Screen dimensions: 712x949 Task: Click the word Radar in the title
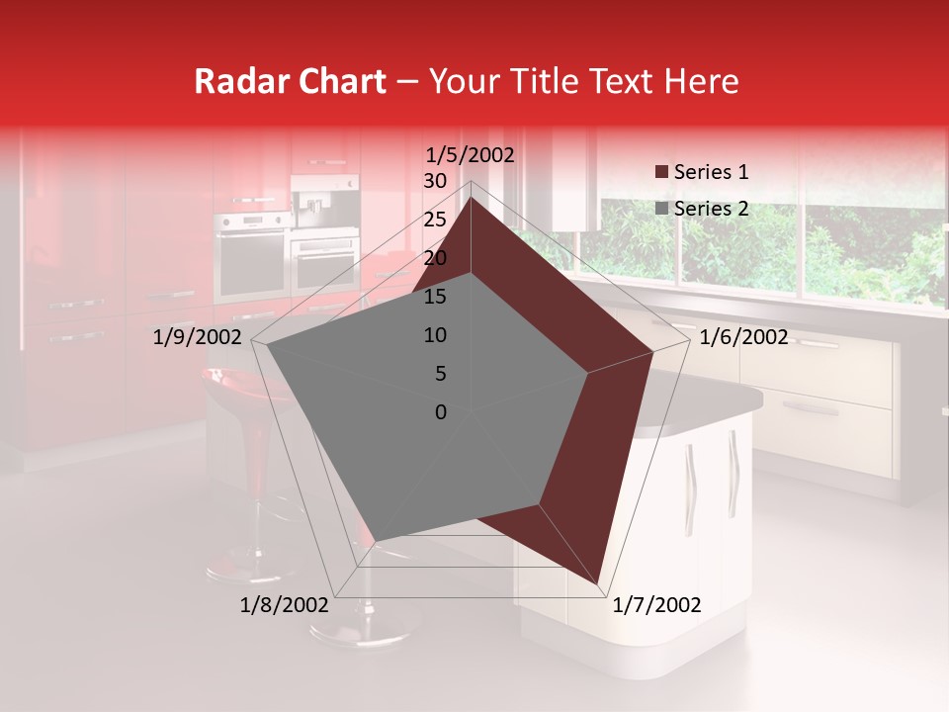pyautogui.click(x=234, y=81)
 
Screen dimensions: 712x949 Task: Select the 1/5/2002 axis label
pyautogui.click(x=471, y=154)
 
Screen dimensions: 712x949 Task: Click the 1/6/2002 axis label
pyautogui.click(x=743, y=337)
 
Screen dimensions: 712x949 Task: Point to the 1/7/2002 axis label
pyautogui.click(x=656, y=605)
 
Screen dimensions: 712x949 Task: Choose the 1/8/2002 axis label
pyautogui.click(x=285, y=605)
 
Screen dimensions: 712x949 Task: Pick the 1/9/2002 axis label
pyautogui.click(x=198, y=337)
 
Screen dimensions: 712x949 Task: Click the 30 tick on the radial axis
pyautogui.click(x=435, y=181)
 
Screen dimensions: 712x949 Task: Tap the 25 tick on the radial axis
pyautogui.click(x=435, y=220)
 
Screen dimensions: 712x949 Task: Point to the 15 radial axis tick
pyautogui.click(x=435, y=297)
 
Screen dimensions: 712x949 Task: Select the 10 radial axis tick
pyautogui.click(x=435, y=335)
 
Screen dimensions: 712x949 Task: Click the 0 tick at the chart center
pyautogui.click(x=441, y=412)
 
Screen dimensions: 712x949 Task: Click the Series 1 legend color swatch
pyautogui.click(x=660, y=173)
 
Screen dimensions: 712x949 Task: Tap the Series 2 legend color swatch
pyautogui.click(x=660, y=209)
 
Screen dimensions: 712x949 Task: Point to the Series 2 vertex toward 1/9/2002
pyautogui.click(x=267, y=346)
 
